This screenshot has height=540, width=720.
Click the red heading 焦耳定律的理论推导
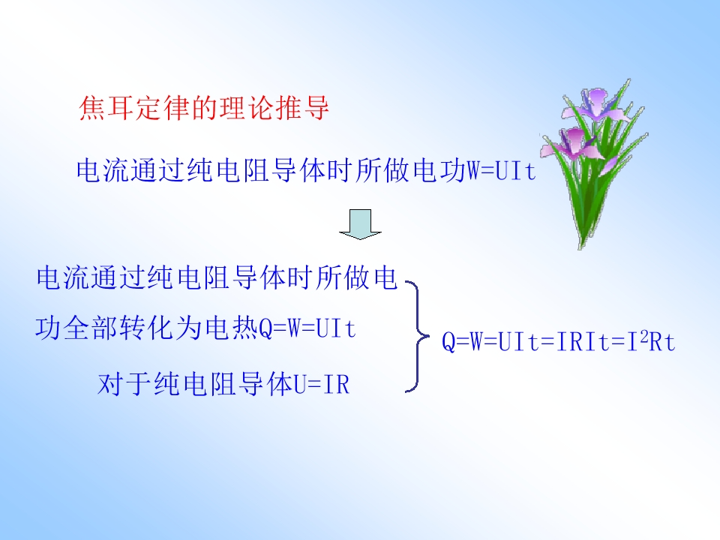point(204,109)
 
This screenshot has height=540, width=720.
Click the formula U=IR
point(321,385)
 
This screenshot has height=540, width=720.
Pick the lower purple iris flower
point(573,141)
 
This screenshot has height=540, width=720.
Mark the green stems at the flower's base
point(582,225)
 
